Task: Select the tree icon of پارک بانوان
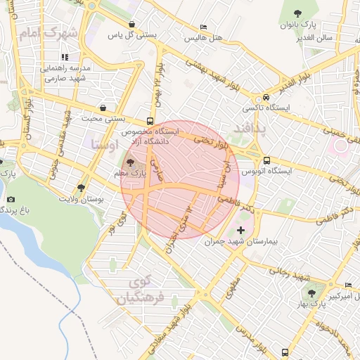[299, 13]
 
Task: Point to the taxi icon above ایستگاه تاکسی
[266, 97]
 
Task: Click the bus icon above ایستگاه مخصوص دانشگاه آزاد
[150, 120]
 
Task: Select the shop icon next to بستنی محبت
[104, 108]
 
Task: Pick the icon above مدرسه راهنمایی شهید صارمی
[64, 57]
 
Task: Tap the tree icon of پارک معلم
[131, 162]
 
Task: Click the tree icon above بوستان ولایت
[82, 188]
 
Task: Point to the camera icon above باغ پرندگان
[10, 200]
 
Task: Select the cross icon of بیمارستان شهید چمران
[242, 230]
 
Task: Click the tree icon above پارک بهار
[311, 292]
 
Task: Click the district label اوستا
[105, 146]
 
